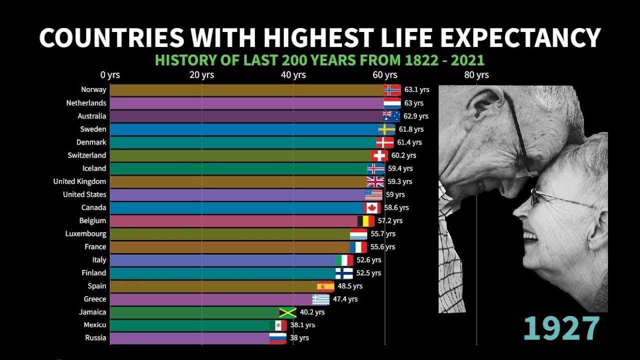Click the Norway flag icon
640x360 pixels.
392,90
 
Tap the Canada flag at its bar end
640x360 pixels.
372,207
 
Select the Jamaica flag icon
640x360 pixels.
288,312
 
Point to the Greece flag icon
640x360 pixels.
321,299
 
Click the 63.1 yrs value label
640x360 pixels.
417,90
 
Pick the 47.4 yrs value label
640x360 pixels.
345,299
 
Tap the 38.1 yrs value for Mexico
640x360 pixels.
302,325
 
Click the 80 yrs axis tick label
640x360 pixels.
476,75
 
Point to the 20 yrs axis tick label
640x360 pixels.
201,75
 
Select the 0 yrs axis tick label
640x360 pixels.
110,75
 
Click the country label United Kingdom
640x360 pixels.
80,181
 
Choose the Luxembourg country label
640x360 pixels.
86,233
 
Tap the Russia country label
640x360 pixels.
95,337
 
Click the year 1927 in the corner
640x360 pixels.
561,328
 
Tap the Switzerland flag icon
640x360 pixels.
379,155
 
